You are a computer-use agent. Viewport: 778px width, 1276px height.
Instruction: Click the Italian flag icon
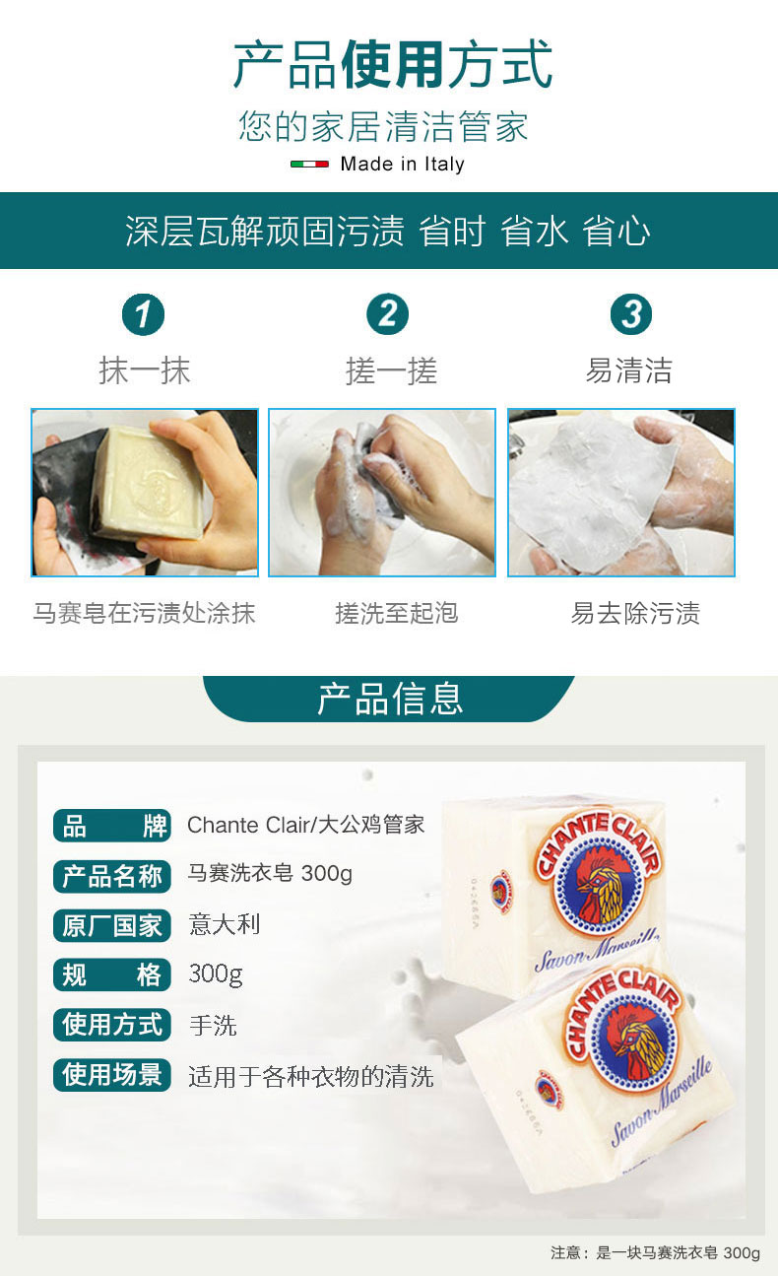point(309,164)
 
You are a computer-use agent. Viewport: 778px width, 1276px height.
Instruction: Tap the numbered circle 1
point(143,314)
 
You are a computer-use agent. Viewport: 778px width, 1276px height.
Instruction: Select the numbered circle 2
point(387,314)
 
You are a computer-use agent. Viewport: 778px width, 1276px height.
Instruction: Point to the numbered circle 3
point(631,314)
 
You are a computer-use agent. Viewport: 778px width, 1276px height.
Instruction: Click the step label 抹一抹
point(144,370)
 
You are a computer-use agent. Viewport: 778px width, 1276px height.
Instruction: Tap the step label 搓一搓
point(391,370)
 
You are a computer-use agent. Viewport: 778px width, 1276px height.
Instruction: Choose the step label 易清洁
point(629,370)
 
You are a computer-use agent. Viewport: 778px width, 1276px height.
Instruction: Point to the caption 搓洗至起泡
point(397,613)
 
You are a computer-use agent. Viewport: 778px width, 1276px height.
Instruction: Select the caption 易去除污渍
point(635,613)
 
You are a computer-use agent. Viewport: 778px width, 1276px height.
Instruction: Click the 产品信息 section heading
point(390,699)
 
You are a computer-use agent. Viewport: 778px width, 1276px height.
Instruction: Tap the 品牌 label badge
point(112,826)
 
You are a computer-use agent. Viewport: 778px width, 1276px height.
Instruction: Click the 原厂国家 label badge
point(112,925)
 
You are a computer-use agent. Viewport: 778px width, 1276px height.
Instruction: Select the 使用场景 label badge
point(112,1075)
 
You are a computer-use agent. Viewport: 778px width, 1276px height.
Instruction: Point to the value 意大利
point(225,924)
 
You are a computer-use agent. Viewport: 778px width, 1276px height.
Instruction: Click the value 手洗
point(213,1026)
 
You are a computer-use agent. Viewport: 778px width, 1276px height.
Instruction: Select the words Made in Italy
point(402,164)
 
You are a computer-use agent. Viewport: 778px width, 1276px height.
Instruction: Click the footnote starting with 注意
point(655,1252)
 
